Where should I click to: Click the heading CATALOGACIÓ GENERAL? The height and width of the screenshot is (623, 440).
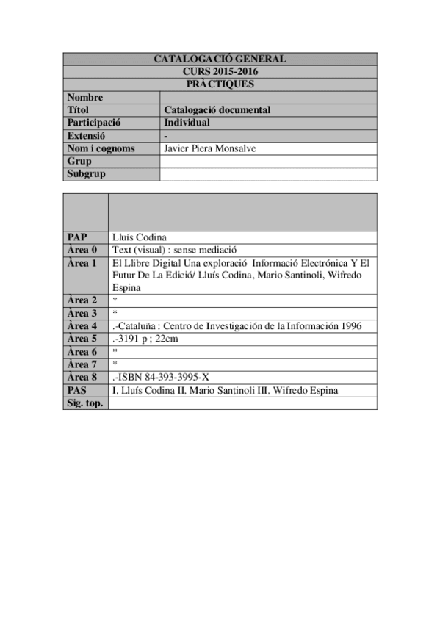tap(220, 59)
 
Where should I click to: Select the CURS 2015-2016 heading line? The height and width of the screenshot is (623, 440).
tap(220, 72)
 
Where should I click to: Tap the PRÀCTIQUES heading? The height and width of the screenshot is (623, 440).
tap(220, 84)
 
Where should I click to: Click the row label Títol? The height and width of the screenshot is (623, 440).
tap(78, 110)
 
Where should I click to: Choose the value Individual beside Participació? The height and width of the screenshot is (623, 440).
tap(187, 123)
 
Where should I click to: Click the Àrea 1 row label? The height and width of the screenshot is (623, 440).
tap(82, 262)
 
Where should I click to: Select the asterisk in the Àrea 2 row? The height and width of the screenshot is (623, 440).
tap(115, 300)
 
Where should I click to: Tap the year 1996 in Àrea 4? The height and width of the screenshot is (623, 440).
tap(347, 325)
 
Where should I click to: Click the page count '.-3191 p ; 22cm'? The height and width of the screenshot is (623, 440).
tap(146, 339)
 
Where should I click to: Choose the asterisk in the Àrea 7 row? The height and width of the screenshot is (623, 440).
tap(115, 364)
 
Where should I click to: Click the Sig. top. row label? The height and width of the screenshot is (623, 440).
tap(84, 403)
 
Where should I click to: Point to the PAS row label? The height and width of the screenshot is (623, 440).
tap(77, 390)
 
